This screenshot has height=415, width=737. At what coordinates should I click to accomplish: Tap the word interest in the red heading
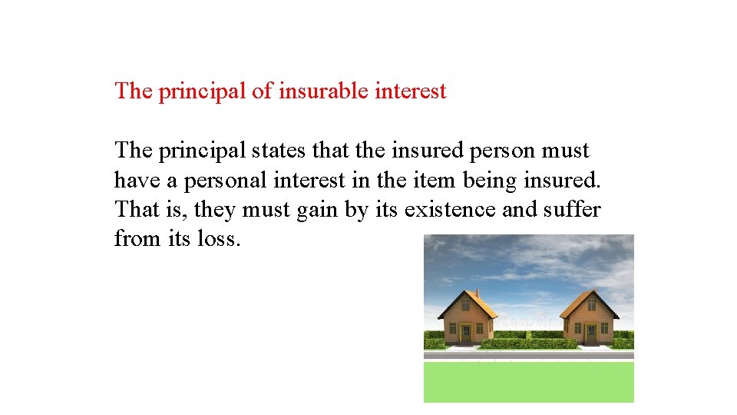pos(411,91)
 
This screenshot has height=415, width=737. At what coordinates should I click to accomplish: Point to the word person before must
pos(507,150)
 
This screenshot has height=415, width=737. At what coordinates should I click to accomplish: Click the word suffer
pos(574,209)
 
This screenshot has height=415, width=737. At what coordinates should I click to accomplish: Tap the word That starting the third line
pos(134,209)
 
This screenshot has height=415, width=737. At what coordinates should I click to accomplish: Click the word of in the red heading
pos(261,91)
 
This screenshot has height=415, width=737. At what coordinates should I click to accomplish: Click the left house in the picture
pos(468,318)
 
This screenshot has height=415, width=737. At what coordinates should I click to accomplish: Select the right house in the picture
pos(590,318)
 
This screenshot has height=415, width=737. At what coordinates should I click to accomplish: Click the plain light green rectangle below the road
pos(528,382)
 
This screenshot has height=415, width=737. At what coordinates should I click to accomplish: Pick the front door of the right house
pos(590,334)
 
